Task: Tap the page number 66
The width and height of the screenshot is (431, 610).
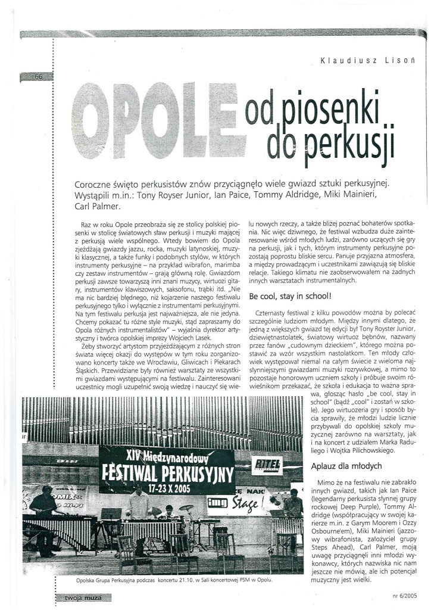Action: tap(39, 77)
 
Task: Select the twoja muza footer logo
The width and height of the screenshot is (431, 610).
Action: tap(79, 597)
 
